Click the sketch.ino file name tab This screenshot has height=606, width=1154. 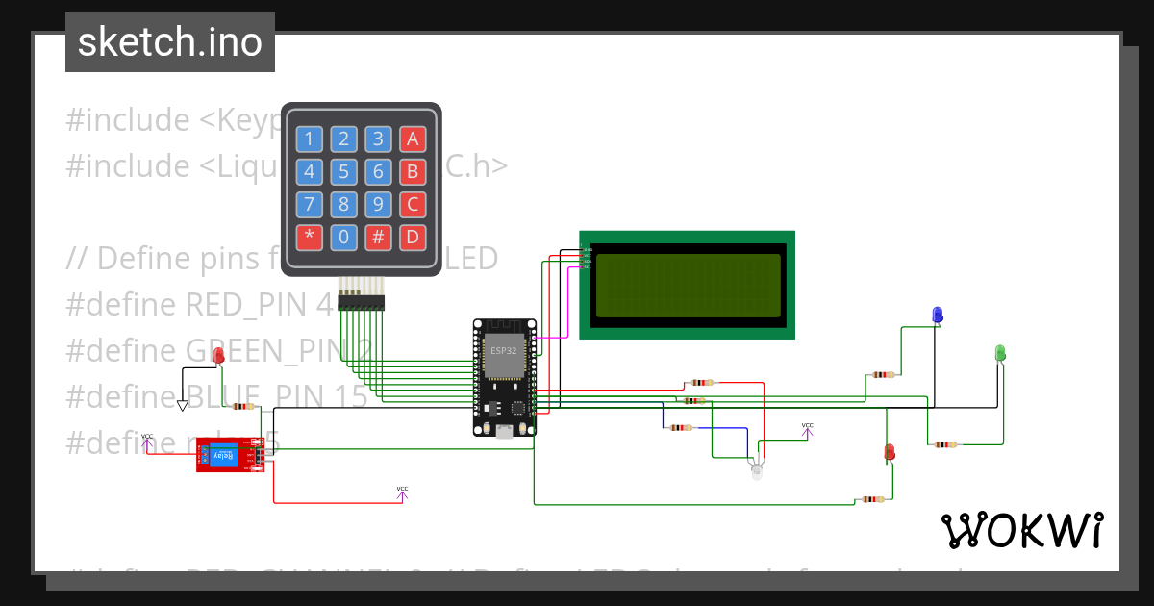(170, 42)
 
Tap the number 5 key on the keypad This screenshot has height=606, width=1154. (343, 172)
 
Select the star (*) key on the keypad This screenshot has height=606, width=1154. (309, 238)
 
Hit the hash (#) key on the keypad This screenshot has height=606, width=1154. (378, 238)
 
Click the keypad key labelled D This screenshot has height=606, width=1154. (413, 238)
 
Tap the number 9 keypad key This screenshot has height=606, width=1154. (378, 205)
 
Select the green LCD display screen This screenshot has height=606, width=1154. (688, 286)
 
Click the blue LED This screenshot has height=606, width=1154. (938, 315)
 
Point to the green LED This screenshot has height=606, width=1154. (999, 353)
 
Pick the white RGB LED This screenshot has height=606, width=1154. (756, 471)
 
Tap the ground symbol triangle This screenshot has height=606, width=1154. (183, 406)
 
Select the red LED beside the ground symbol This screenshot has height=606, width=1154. (218, 357)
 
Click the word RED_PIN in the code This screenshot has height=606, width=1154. (247, 304)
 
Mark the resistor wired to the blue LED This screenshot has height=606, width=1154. (882, 374)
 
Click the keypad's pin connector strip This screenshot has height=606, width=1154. (361, 303)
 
